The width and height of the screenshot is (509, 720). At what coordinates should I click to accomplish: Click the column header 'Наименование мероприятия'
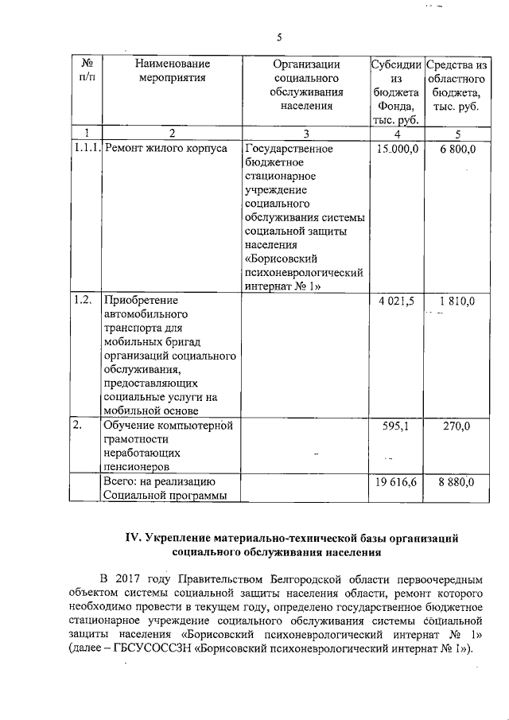(172, 71)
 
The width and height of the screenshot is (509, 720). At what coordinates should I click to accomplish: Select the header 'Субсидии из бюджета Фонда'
(395, 91)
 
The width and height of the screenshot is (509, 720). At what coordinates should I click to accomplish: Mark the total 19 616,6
(397, 482)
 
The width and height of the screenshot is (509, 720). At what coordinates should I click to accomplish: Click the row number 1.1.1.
(86, 149)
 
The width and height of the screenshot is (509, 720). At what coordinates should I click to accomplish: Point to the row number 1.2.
(82, 301)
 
